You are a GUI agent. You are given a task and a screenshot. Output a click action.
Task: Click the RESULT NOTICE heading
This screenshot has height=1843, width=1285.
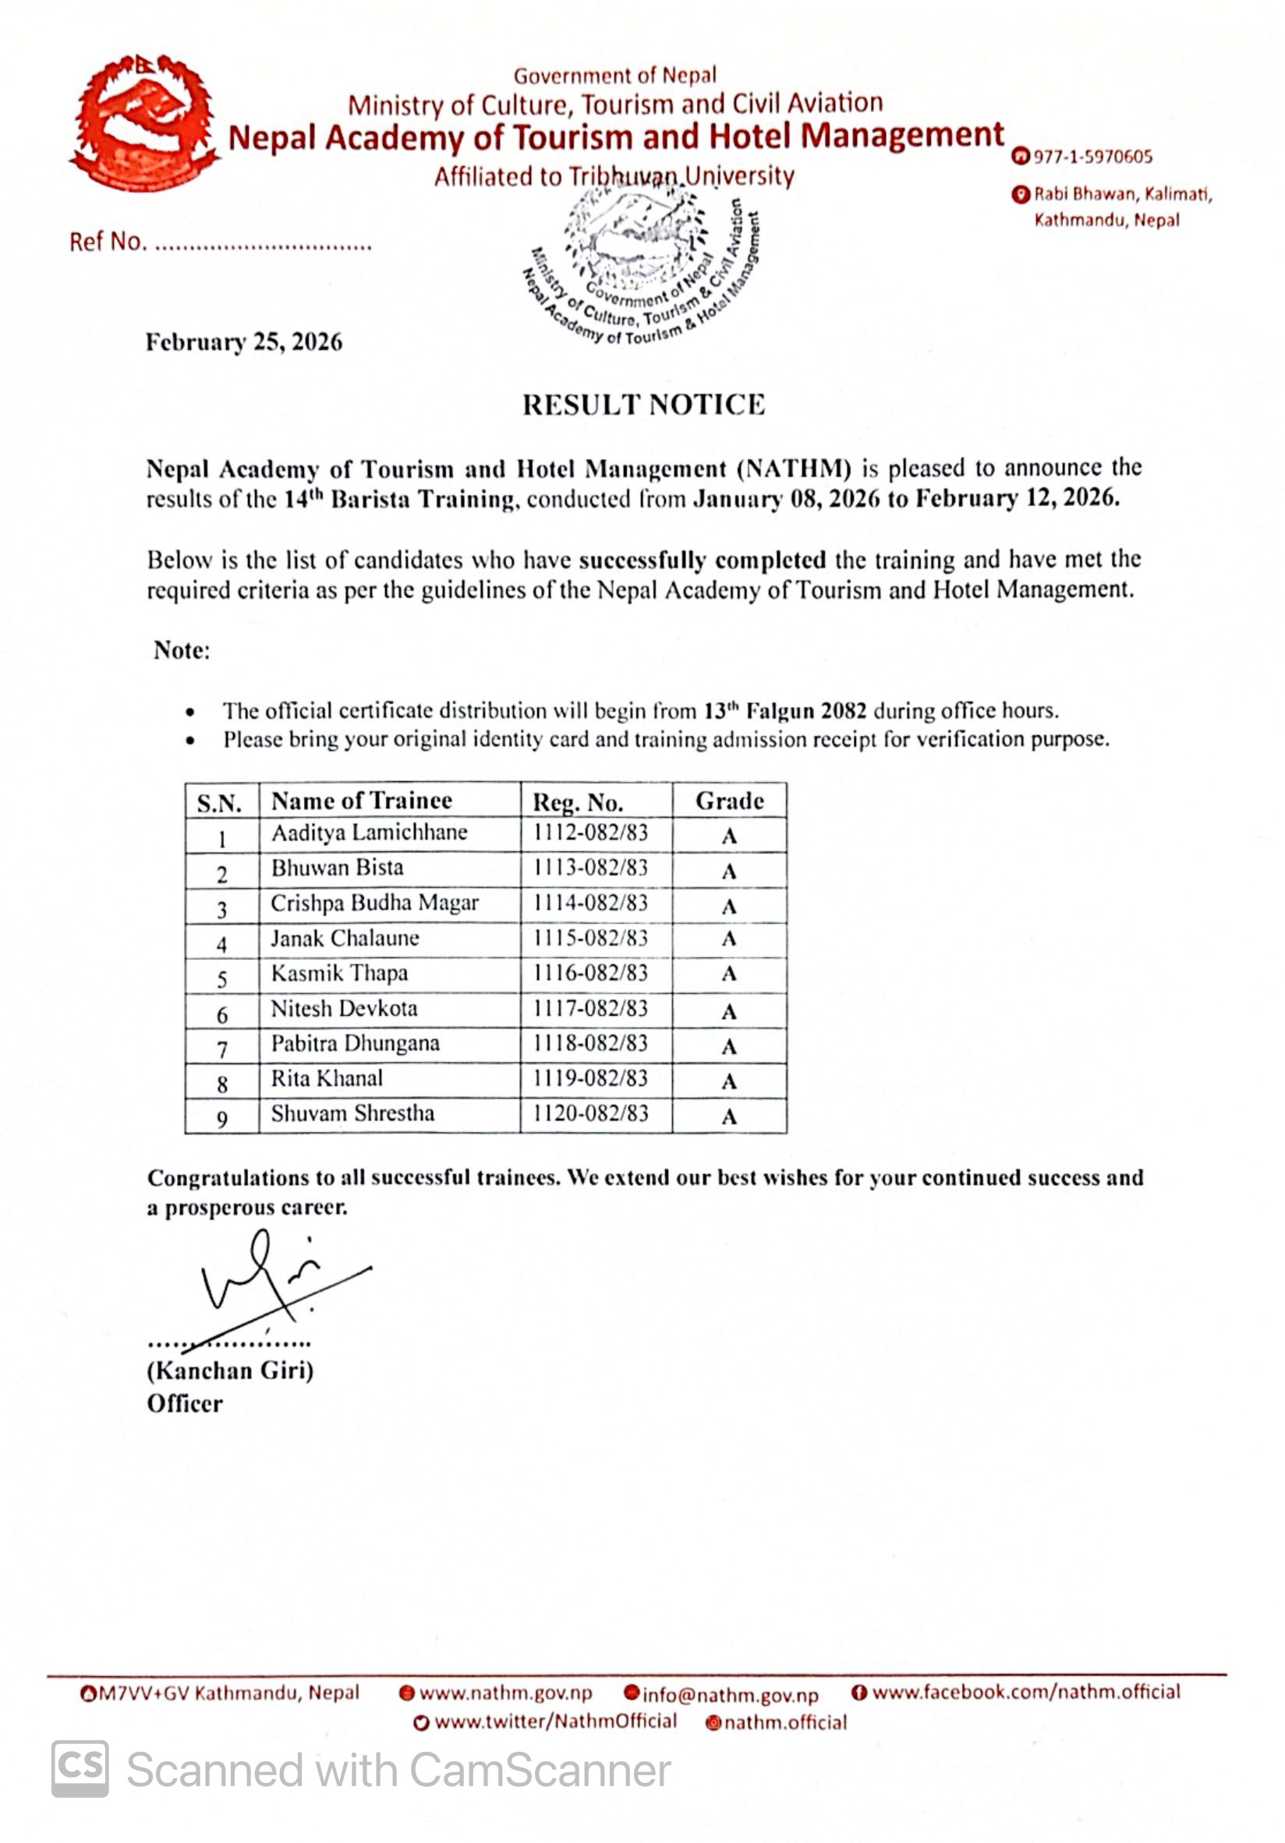click(644, 405)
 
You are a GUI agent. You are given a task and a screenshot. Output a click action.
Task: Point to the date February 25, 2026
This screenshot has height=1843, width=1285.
click(244, 343)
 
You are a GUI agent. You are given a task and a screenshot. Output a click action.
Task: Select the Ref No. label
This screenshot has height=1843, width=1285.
click(108, 242)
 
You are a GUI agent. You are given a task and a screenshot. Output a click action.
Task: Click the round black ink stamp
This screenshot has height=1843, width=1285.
click(642, 265)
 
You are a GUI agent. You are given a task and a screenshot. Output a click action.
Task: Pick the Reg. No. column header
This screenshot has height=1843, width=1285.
click(578, 802)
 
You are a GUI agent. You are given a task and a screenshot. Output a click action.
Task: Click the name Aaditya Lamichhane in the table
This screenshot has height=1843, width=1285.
click(370, 833)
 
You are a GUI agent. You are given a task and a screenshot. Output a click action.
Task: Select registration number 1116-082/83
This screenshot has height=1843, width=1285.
click(591, 973)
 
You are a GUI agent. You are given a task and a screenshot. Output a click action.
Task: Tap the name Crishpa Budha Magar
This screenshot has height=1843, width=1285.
click(375, 903)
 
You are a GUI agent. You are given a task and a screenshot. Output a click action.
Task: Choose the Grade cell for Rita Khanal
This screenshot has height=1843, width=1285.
click(729, 1081)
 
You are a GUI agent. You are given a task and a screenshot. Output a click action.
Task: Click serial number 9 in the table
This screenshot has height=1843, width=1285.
click(222, 1118)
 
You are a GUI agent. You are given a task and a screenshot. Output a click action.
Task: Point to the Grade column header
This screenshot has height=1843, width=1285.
click(730, 801)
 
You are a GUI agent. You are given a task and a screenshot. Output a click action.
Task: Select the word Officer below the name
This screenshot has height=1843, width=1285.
click(185, 1403)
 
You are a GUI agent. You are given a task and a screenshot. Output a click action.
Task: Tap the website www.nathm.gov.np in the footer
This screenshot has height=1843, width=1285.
click(505, 1693)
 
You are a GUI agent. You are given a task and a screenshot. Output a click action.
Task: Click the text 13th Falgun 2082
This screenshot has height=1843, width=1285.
click(785, 711)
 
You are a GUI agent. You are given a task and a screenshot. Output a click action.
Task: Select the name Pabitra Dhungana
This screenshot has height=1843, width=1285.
click(355, 1044)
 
